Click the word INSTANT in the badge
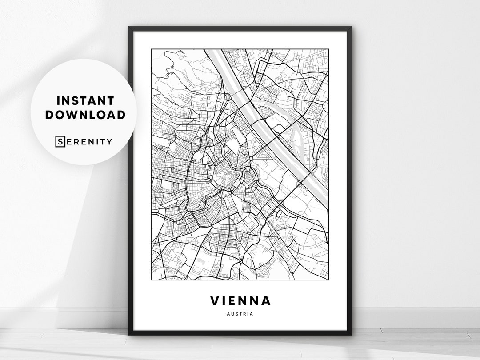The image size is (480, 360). [x=85, y=101]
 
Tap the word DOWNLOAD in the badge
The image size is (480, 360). [x=85, y=115]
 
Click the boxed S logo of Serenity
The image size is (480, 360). [x=60, y=142]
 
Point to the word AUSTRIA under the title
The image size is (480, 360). [x=240, y=314]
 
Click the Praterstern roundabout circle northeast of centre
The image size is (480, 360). [x=252, y=158]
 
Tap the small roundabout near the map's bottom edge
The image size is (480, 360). [x=240, y=261]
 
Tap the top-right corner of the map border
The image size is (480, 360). [x=328, y=49]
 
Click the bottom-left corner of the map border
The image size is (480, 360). [x=151, y=280]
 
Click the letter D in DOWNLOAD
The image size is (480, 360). [x=49, y=115]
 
